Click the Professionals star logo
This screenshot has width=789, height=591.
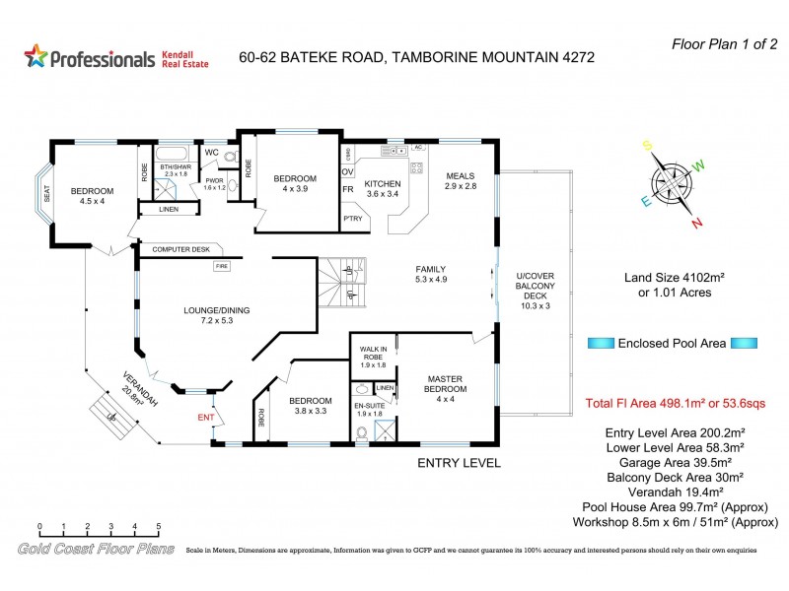click(x=36, y=57)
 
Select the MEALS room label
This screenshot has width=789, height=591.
click(x=460, y=176)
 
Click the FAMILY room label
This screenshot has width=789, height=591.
click(x=431, y=269)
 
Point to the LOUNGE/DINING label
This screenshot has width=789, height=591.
click(x=216, y=310)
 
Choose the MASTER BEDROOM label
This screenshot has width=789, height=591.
click(x=446, y=383)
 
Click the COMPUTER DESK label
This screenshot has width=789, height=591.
click(x=180, y=249)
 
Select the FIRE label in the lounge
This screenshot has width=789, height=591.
click(x=222, y=265)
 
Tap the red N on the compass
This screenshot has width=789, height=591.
click(x=696, y=223)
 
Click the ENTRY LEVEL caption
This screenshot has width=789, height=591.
click(x=459, y=462)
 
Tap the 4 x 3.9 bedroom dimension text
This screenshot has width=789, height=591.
click(x=294, y=189)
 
